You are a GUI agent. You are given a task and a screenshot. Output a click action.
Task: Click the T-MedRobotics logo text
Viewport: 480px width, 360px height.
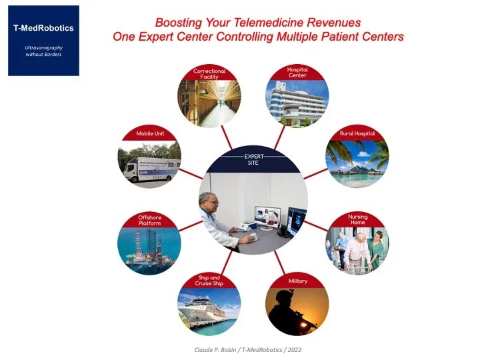pyautogui.click(x=43, y=28)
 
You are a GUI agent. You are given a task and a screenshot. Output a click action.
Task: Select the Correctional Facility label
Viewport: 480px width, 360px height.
pyautogui.click(x=209, y=73)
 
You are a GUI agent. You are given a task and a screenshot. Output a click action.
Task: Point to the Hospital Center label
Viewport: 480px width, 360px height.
pyautogui.click(x=297, y=72)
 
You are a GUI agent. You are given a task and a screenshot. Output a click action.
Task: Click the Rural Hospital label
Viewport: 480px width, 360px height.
pyautogui.click(x=358, y=133)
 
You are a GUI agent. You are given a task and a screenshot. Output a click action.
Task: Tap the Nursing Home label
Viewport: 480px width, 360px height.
pyautogui.click(x=358, y=219)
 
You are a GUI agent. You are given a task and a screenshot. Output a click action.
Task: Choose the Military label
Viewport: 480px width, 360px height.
pyautogui.click(x=297, y=281)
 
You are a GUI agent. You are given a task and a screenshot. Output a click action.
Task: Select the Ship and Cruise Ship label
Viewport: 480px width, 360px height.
pyautogui.click(x=209, y=281)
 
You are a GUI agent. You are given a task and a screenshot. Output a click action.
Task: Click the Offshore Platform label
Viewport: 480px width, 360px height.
pyautogui.click(x=149, y=219)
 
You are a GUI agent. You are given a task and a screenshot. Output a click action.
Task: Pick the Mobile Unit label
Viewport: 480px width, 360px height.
pyautogui.click(x=150, y=133)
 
